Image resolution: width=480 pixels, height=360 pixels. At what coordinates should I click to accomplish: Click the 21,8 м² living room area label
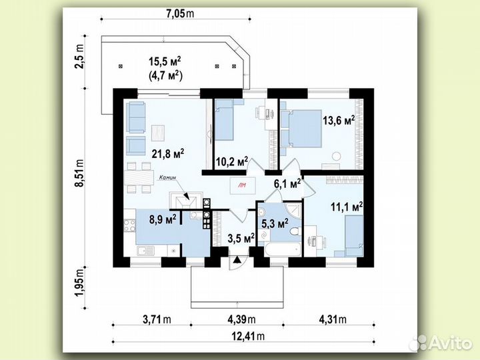pyautogui.click(x=168, y=153)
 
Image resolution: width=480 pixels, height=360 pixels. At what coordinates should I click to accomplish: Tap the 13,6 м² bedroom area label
pyautogui.click(x=339, y=120)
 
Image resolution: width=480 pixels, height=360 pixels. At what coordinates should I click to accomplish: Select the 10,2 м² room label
pyautogui.click(x=232, y=161)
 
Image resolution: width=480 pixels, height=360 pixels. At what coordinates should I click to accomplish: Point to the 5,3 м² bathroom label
pyautogui.click(x=275, y=223)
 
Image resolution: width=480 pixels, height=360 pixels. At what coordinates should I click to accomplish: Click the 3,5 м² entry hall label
pyautogui.click(x=241, y=238)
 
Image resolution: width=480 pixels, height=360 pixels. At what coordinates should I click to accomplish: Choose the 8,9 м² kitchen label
pyautogui.click(x=163, y=219)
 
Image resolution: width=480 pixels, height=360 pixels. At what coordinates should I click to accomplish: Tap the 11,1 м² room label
pyautogui.click(x=347, y=207)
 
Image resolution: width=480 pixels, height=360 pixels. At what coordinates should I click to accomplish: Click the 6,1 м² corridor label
pyautogui.click(x=287, y=184)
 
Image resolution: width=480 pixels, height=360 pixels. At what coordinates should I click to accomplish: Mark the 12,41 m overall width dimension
pyautogui.click(x=248, y=336)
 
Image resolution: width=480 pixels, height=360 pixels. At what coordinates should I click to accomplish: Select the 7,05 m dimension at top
pyautogui.click(x=180, y=13)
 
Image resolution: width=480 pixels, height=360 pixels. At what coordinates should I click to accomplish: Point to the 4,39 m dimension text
pyautogui.click(x=241, y=319)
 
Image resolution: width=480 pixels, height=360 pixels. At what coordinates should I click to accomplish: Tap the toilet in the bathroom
pyautogui.click(x=295, y=231)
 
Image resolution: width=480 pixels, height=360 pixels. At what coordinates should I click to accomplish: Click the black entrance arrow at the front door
pyautogui.click(x=237, y=260)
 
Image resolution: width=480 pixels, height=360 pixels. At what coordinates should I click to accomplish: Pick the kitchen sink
pyautogui.click(x=146, y=251)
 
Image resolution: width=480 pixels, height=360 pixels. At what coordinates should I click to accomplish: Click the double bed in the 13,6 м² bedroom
pyautogui.click(x=305, y=128)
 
